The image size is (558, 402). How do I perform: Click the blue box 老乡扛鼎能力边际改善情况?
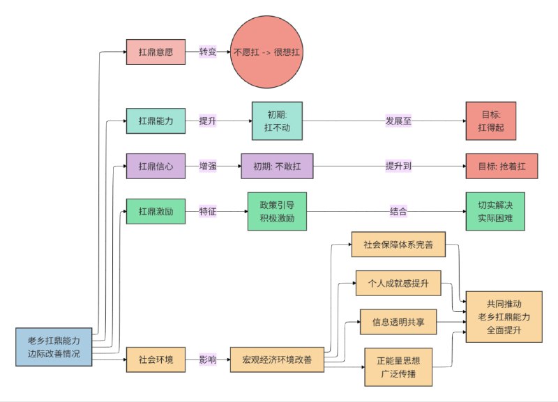(54, 347)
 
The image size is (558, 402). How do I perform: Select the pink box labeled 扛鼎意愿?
(156, 52)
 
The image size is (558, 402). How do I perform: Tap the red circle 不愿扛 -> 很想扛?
(269, 52)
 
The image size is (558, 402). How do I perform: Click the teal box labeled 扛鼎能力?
(156, 121)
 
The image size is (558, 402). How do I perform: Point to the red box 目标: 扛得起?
(495, 121)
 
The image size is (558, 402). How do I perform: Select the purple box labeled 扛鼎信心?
(156, 167)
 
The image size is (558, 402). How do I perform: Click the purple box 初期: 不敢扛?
(277, 167)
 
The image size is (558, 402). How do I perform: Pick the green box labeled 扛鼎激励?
(156, 211)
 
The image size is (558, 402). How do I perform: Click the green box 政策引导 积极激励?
(277, 211)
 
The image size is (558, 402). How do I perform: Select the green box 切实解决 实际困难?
(495, 211)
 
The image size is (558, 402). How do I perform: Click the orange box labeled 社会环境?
(156, 360)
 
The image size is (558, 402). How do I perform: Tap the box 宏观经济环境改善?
(277, 360)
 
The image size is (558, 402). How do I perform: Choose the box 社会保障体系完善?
(398, 245)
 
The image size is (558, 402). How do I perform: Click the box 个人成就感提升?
(398, 283)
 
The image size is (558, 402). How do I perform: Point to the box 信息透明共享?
(398, 322)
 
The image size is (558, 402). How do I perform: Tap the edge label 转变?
(208, 52)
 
